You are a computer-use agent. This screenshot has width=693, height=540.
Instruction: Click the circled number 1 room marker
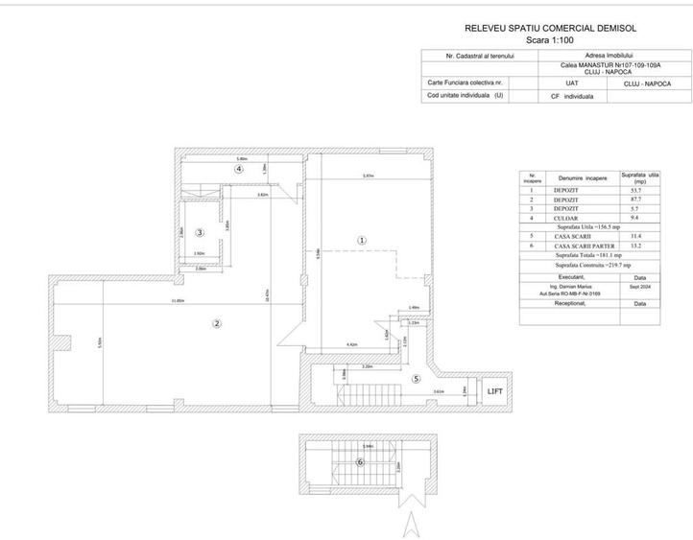361,241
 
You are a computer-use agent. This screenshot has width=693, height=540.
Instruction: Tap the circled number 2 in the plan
217,324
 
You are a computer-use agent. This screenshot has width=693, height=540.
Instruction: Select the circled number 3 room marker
199,232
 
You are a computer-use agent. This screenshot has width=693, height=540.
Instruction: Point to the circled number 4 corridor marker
238,168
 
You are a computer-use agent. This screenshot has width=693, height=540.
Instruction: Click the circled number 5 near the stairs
415,378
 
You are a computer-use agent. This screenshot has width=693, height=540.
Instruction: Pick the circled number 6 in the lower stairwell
360,461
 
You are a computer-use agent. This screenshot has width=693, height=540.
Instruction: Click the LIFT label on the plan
494,391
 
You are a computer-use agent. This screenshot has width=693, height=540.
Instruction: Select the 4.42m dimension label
351,344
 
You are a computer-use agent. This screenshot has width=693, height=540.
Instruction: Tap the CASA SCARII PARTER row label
579,246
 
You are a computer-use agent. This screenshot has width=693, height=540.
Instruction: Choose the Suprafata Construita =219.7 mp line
585,264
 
